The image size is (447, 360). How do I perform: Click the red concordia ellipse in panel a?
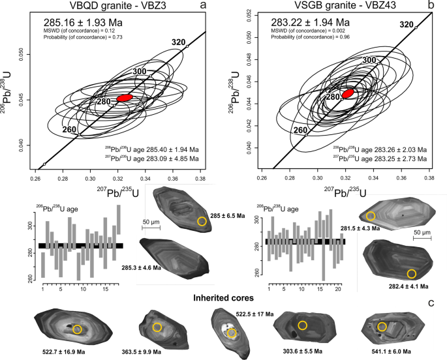click(x=124, y=97)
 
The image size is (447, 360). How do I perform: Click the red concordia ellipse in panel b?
click(x=348, y=93)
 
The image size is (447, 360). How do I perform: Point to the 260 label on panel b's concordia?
click(x=300, y=130)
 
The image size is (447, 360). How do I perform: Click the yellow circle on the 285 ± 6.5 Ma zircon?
click(x=202, y=222)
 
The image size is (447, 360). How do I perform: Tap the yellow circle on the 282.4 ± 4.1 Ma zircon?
click(x=411, y=273)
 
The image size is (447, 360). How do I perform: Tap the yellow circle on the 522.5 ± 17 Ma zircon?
click(x=232, y=333)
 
